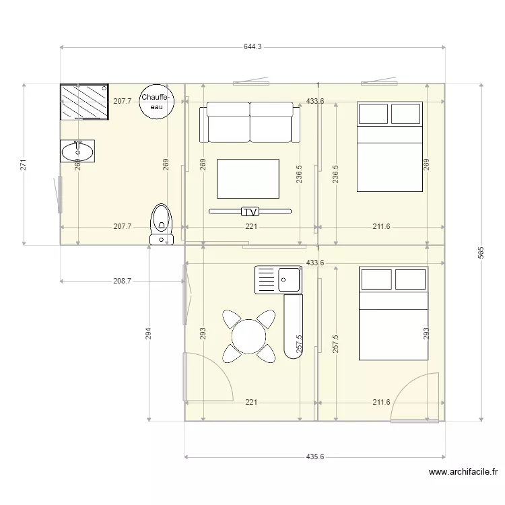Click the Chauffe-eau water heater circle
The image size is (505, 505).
(x=157, y=102)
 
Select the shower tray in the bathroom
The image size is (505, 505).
(x=84, y=101)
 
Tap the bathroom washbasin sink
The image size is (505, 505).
(x=77, y=151)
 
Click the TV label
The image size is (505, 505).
(x=250, y=211)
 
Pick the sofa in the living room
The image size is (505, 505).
(x=250, y=123)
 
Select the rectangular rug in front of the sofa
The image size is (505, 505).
(x=248, y=178)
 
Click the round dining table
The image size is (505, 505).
(x=249, y=335)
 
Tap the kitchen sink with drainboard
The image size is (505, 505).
(x=278, y=279)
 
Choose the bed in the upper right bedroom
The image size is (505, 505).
(x=389, y=146)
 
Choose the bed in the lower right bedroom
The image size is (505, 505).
(x=393, y=313)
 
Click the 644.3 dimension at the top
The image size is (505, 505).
(x=252, y=47)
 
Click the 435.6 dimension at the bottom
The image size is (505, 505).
(x=314, y=457)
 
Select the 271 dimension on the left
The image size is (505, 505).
(x=23, y=164)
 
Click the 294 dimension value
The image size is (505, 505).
(x=149, y=333)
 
